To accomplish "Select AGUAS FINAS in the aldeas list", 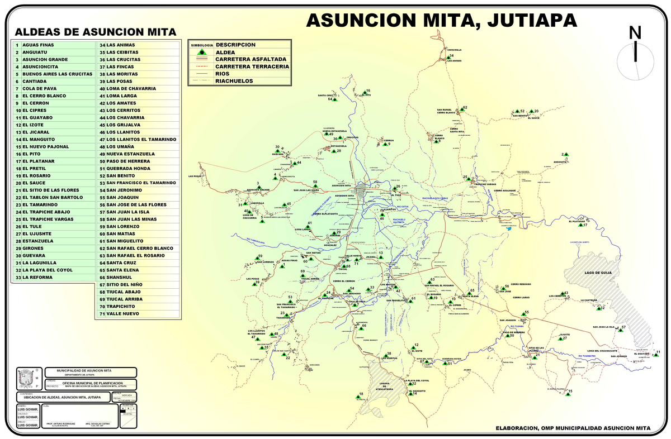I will coord(39,45).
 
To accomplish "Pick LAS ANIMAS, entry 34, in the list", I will coord(120,45).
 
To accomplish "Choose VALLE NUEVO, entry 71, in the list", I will coord(123,313).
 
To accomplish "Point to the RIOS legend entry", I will coord(223,73).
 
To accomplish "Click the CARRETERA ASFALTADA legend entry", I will coord(251,59).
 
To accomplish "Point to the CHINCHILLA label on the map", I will coord(454,50).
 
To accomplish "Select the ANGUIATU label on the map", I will coord(560,162).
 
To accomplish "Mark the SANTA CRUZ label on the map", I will coord(325,96).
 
